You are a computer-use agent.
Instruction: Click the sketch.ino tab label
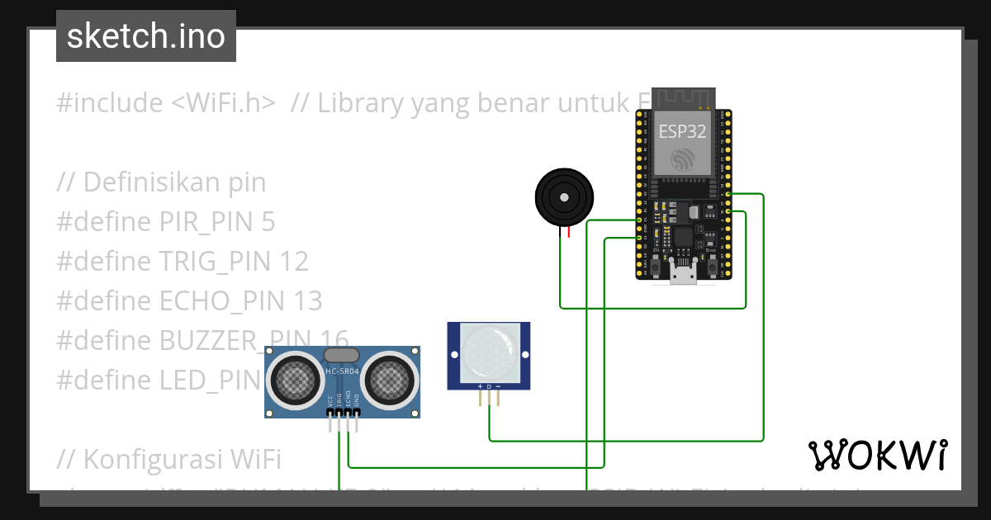pyautogui.click(x=146, y=36)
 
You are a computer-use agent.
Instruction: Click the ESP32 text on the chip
pyautogui.click(x=682, y=131)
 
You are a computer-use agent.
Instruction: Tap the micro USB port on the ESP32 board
pyautogui.click(x=682, y=275)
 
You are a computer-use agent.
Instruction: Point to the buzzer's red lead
pyautogui.click(x=568, y=233)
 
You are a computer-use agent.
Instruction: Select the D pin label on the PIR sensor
pyautogui.click(x=489, y=386)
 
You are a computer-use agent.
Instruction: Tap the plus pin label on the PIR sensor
pyautogui.click(x=480, y=386)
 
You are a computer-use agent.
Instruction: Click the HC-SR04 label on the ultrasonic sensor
pyautogui.click(x=342, y=371)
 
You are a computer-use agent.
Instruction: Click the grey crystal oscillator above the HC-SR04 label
pyautogui.click(x=342, y=355)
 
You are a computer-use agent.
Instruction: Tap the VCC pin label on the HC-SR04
pyautogui.click(x=330, y=401)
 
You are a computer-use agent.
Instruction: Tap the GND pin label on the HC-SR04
pyautogui.click(x=357, y=401)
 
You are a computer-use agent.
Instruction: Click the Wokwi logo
pyautogui.click(x=877, y=455)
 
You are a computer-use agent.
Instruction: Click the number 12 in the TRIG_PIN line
pyautogui.click(x=294, y=262)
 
